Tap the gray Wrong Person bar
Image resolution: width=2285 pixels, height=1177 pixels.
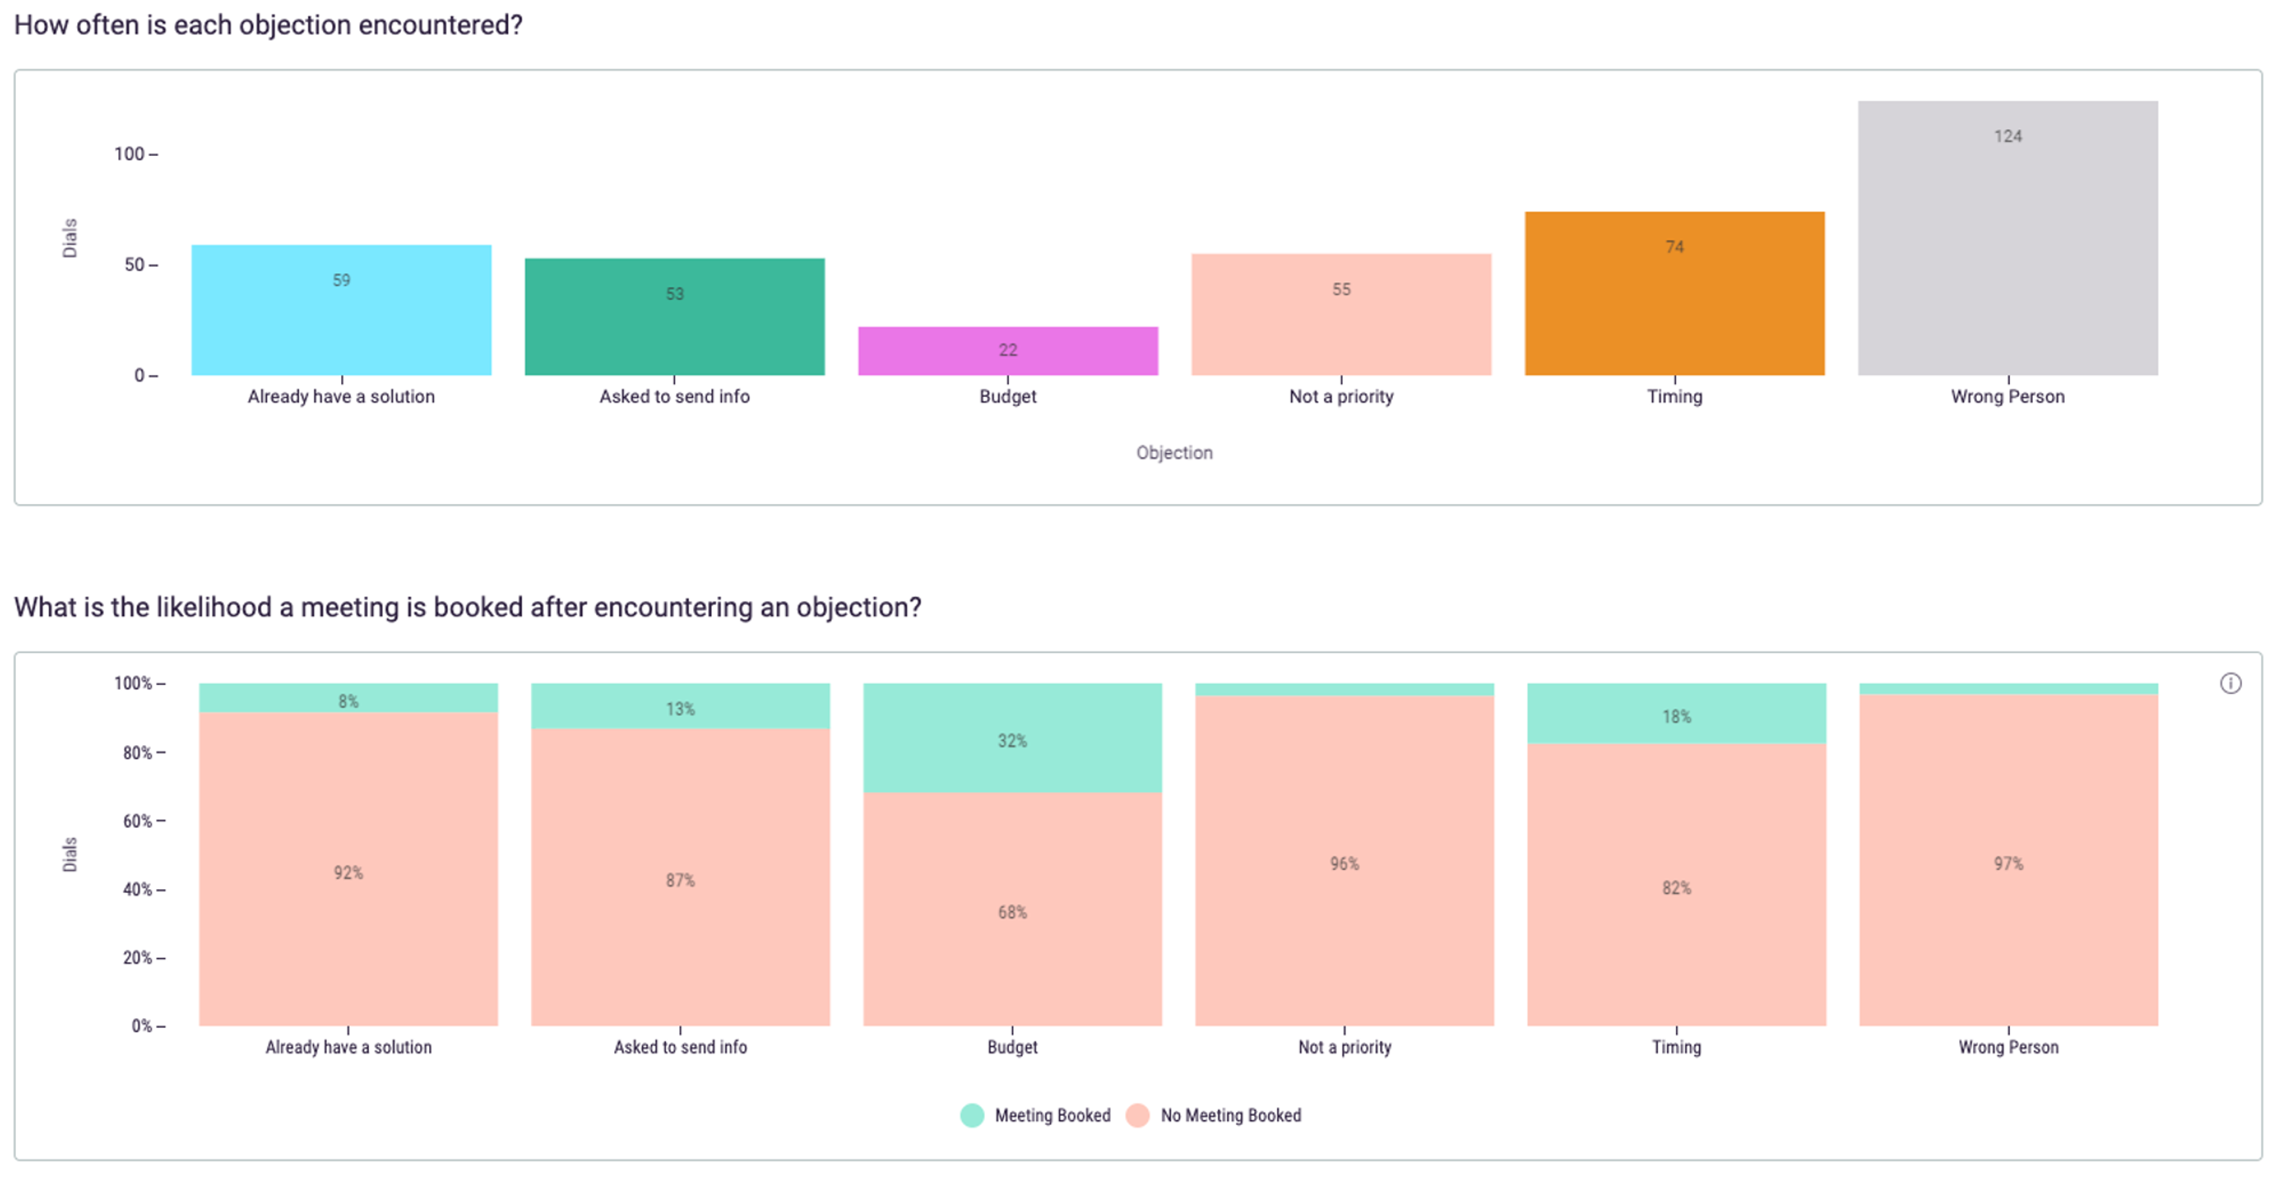coord(2007,248)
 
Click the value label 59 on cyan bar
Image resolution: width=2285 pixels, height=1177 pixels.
coord(342,280)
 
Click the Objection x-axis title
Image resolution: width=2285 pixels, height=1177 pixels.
coord(1173,452)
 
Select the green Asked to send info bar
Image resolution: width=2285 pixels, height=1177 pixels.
coord(674,328)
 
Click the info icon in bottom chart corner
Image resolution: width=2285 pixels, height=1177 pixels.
coord(2230,683)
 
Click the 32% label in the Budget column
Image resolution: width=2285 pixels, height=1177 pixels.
coord(1012,741)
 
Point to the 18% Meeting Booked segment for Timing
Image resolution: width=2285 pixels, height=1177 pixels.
coord(1676,716)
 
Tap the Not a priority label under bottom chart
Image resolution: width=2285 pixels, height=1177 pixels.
coord(1344,1047)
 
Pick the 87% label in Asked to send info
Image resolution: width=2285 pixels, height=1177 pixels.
coord(680,880)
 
